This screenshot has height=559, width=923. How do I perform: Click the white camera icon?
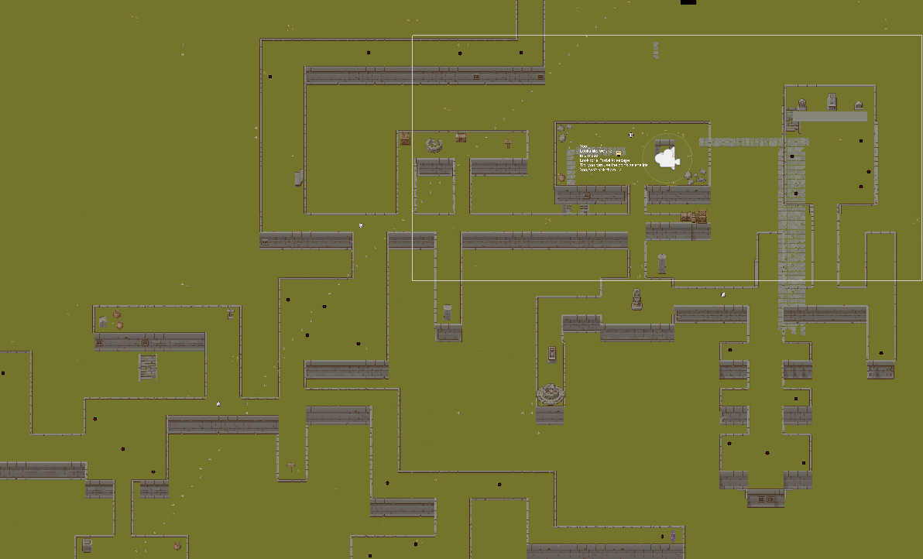(665, 159)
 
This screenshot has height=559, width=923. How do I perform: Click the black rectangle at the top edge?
(688, 2)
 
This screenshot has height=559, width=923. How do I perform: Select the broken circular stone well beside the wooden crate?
(434, 145)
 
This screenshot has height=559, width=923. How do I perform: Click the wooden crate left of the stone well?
(405, 139)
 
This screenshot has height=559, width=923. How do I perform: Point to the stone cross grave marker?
(508, 143)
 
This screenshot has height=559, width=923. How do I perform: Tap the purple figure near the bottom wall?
(673, 536)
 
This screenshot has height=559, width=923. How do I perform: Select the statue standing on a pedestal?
(636, 299)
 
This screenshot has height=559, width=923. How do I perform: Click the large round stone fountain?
(551, 394)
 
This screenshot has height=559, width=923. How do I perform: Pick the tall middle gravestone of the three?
(832, 101)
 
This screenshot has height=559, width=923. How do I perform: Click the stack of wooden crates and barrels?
(694, 217)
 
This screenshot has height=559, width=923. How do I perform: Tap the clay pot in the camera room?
(561, 178)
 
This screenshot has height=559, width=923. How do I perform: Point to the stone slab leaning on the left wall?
(299, 178)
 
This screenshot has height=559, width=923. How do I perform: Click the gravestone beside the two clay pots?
(103, 321)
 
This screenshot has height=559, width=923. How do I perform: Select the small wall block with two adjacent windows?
(765, 499)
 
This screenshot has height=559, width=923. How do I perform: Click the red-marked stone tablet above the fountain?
(551, 354)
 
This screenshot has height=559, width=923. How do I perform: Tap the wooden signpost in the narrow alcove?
(291, 466)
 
